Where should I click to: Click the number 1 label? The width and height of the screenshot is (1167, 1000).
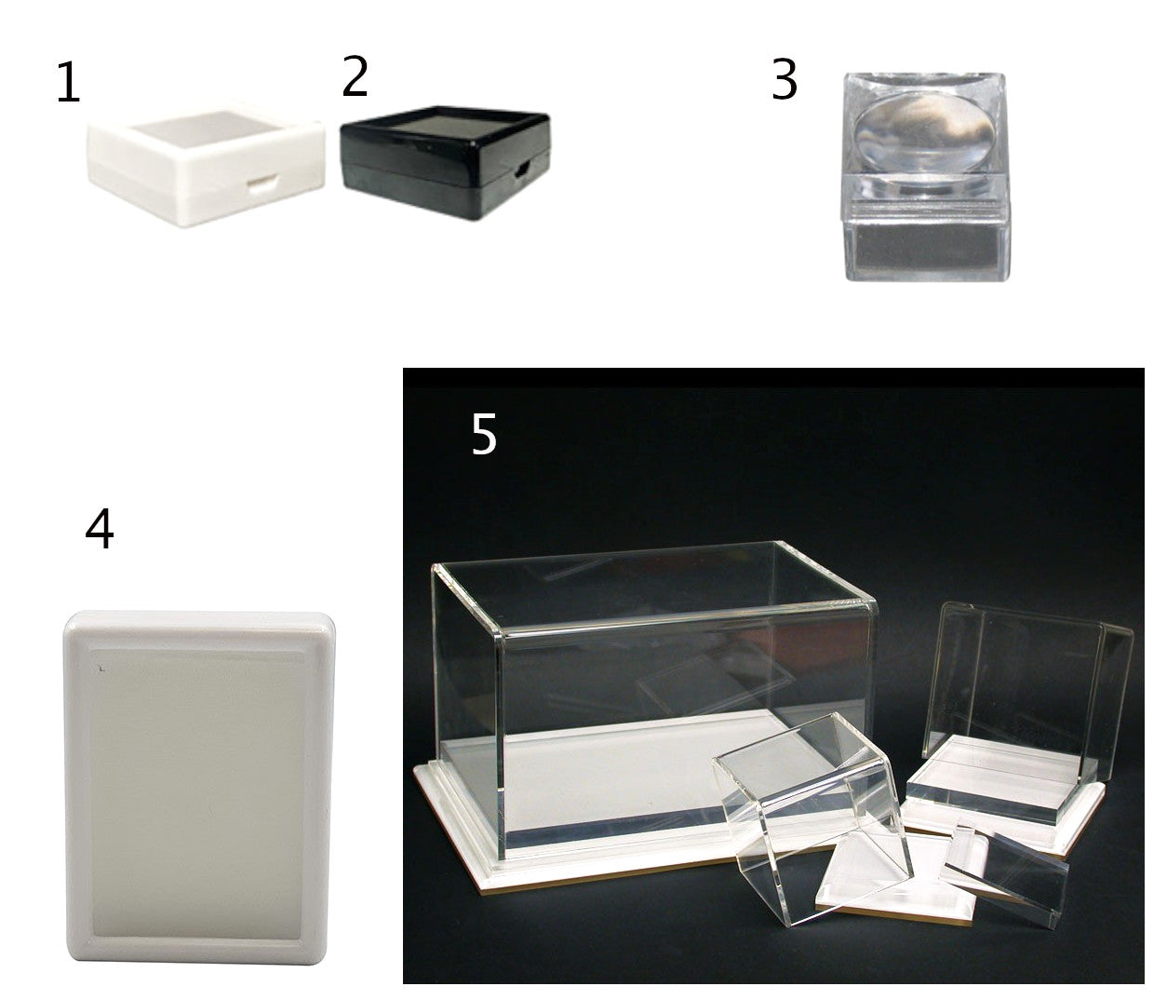click(68, 84)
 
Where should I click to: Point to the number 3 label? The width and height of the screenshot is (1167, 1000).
click(785, 79)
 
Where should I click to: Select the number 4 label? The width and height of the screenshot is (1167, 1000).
click(100, 529)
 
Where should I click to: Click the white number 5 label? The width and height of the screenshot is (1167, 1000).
click(484, 434)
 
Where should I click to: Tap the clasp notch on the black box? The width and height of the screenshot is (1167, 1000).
click(523, 168)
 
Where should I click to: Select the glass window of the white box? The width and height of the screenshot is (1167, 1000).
click(207, 128)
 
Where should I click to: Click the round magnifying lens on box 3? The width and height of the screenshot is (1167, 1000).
click(925, 133)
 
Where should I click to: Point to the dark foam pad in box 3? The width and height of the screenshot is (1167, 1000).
click(924, 247)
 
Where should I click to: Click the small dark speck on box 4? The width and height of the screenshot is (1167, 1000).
click(101, 669)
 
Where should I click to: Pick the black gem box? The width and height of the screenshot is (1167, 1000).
click(445, 163)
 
